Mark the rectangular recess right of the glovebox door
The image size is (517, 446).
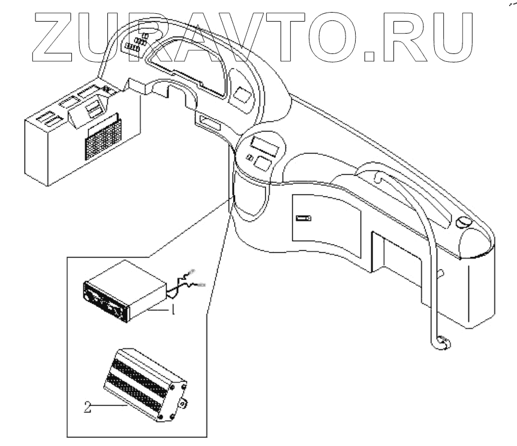[396, 252]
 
